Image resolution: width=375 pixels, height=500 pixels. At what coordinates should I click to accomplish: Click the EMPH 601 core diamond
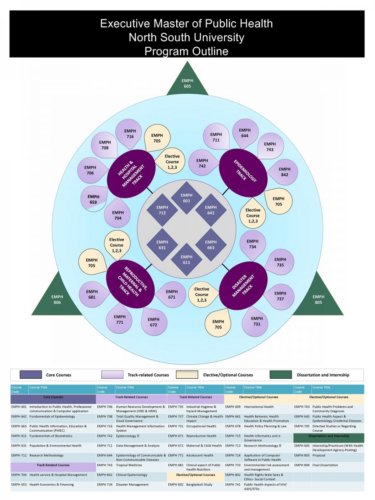point(186,198)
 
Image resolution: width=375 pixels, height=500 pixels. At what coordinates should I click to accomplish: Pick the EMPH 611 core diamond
point(186,260)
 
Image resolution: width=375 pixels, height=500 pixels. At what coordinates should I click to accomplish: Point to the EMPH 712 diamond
point(162,210)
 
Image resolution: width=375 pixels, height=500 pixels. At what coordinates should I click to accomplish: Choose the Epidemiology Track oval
point(243,172)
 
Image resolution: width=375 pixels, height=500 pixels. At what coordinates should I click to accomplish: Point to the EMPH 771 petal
point(120,319)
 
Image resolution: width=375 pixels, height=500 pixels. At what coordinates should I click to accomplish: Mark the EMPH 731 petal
point(256,321)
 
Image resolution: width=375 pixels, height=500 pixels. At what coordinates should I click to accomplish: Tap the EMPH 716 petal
point(130,134)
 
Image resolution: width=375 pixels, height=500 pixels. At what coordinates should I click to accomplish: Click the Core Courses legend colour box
point(31,375)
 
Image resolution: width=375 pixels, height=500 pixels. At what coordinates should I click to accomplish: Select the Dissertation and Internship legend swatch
point(280,375)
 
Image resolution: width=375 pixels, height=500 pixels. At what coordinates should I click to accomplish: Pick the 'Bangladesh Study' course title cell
point(200,485)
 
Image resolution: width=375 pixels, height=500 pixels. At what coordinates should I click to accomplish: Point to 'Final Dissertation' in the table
point(325,465)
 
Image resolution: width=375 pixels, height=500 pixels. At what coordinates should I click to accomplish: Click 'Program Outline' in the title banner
point(186,51)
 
